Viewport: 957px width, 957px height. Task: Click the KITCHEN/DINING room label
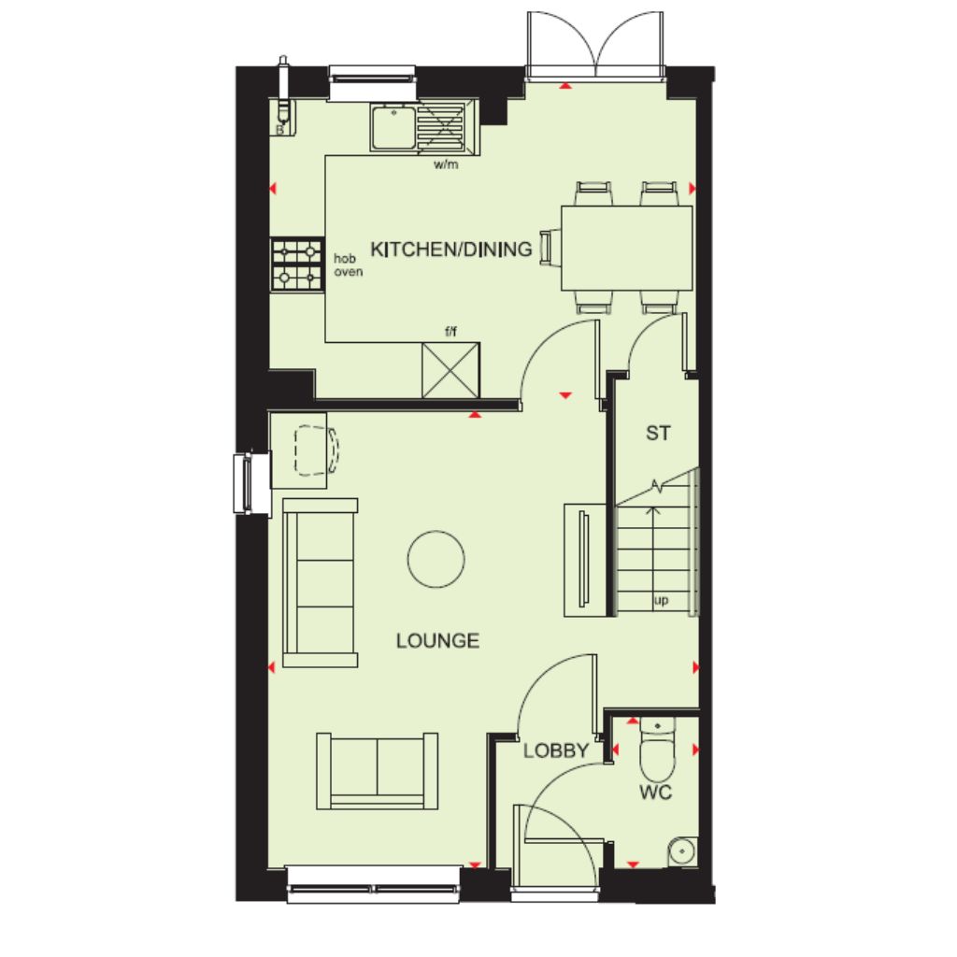[451, 249]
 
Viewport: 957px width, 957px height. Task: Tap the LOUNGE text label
[437, 641]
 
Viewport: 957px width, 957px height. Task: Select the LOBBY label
[556, 750]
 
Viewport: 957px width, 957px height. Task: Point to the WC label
[655, 793]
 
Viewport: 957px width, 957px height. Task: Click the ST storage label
[658, 434]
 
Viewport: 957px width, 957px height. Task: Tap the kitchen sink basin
[392, 126]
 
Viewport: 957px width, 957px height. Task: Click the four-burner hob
[297, 264]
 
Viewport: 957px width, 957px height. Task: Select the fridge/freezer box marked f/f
[451, 370]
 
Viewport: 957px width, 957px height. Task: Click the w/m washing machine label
[446, 164]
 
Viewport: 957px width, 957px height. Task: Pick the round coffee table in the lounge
[436, 559]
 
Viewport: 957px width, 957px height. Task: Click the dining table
[627, 248]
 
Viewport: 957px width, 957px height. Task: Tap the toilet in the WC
[657, 749]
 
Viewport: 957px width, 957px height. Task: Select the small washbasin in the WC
[682, 850]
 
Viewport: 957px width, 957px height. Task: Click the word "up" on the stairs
[661, 601]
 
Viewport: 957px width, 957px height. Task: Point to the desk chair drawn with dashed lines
[316, 450]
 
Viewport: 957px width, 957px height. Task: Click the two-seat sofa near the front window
[378, 771]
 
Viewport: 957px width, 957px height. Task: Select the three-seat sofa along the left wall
[321, 583]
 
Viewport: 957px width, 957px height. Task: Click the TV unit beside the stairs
[585, 560]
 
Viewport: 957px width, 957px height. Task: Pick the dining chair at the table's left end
[550, 248]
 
